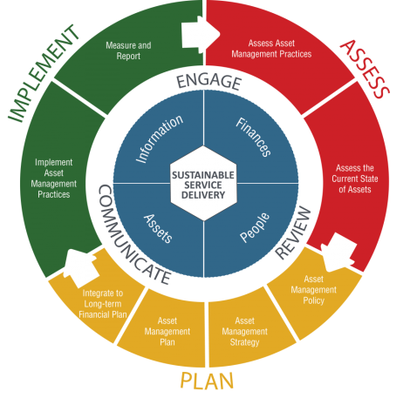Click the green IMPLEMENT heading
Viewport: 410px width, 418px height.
pyautogui.click(x=43, y=73)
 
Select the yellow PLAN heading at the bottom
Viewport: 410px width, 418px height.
pyautogui.click(x=207, y=381)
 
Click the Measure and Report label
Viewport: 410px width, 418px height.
pyautogui.click(x=128, y=51)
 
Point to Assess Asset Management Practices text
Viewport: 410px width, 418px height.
pyautogui.click(x=271, y=49)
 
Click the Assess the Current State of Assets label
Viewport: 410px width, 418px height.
pyautogui.click(x=355, y=179)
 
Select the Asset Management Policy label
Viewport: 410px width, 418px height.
pyautogui.click(x=314, y=290)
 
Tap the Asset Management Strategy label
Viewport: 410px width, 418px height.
pyautogui.click(x=244, y=331)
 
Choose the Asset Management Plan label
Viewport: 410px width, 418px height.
pyautogui.click(x=167, y=331)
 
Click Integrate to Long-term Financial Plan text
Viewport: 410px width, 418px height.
pyautogui.click(x=103, y=304)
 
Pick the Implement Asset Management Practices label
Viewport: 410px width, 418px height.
pyautogui.click(x=54, y=179)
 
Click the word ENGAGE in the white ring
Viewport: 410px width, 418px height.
pyautogui.click(x=209, y=82)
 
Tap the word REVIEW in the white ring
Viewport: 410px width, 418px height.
pyautogui.click(x=293, y=233)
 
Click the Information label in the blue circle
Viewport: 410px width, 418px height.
pyautogui.click(x=160, y=138)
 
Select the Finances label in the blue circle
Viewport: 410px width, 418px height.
pyautogui.click(x=254, y=137)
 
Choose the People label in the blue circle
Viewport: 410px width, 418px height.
pyautogui.click(x=255, y=227)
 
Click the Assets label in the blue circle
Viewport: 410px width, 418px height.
pyautogui.click(x=158, y=228)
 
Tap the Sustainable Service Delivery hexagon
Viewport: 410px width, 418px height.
pyautogui.click(x=203, y=184)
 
